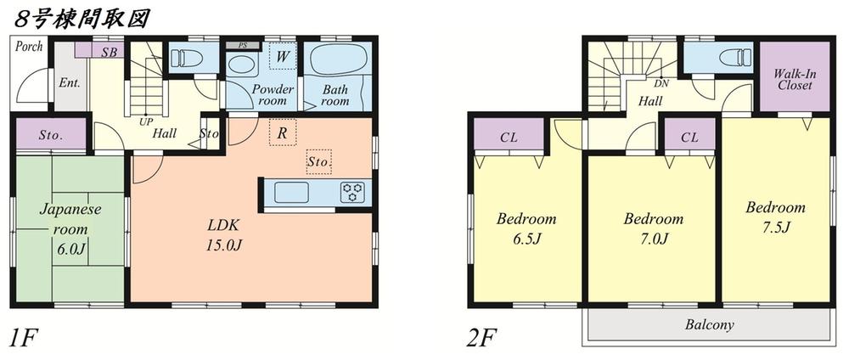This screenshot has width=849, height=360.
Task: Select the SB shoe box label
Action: click(109, 52)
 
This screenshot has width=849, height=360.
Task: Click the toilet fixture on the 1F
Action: click(185, 59)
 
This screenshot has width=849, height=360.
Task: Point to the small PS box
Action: click(242, 43)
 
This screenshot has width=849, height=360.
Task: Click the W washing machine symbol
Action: click(283, 56)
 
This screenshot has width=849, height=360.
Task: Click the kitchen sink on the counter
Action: click(291, 193)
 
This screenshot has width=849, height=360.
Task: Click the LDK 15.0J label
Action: click(225, 235)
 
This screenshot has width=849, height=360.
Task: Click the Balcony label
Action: click(708, 325)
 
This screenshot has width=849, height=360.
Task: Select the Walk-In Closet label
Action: click(794, 78)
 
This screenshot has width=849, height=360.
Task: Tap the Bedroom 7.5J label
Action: click(775, 217)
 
